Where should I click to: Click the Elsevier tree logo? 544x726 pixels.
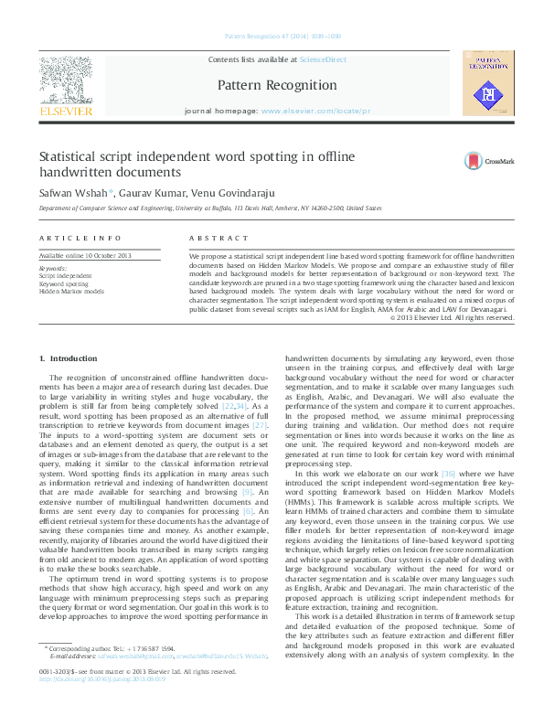(66, 80)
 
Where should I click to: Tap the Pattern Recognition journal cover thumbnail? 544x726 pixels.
(489, 83)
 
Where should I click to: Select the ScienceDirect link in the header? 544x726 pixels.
(324, 59)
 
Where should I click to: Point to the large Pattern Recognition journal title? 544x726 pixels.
(277, 85)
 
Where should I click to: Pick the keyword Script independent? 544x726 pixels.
(65, 274)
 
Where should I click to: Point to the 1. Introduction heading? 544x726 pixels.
(66, 358)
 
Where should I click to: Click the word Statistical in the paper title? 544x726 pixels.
(69, 156)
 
